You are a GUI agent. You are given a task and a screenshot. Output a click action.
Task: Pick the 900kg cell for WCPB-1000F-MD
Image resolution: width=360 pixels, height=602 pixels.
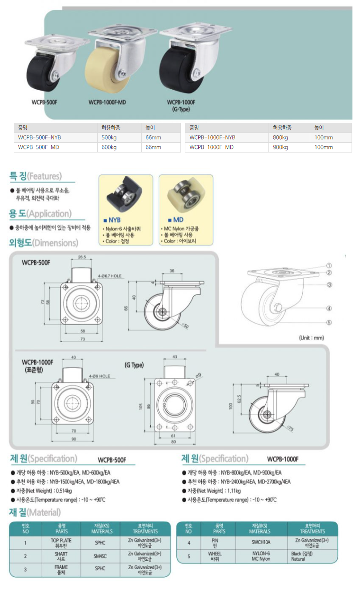click(280, 147)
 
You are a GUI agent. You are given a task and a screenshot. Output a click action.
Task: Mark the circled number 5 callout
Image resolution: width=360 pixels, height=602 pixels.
click(329, 322)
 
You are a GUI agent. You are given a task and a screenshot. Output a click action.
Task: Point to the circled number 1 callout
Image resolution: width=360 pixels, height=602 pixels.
click(329, 265)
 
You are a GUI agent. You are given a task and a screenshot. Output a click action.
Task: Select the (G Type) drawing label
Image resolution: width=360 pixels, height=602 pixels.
click(134, 365)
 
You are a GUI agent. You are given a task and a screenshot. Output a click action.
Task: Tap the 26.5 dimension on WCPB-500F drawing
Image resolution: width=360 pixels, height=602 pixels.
click(81, 257)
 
